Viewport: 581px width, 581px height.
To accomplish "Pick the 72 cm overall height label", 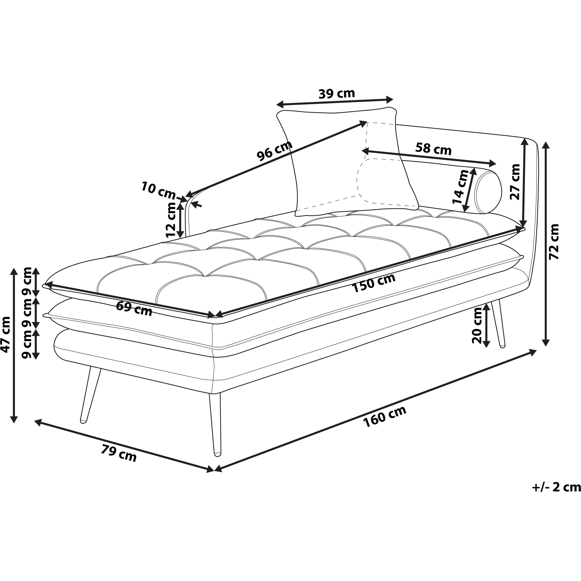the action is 554,242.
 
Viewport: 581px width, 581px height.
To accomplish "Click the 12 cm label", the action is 171,220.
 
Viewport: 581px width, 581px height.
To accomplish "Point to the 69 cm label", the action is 134,309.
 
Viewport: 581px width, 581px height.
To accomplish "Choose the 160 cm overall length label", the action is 385,417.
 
